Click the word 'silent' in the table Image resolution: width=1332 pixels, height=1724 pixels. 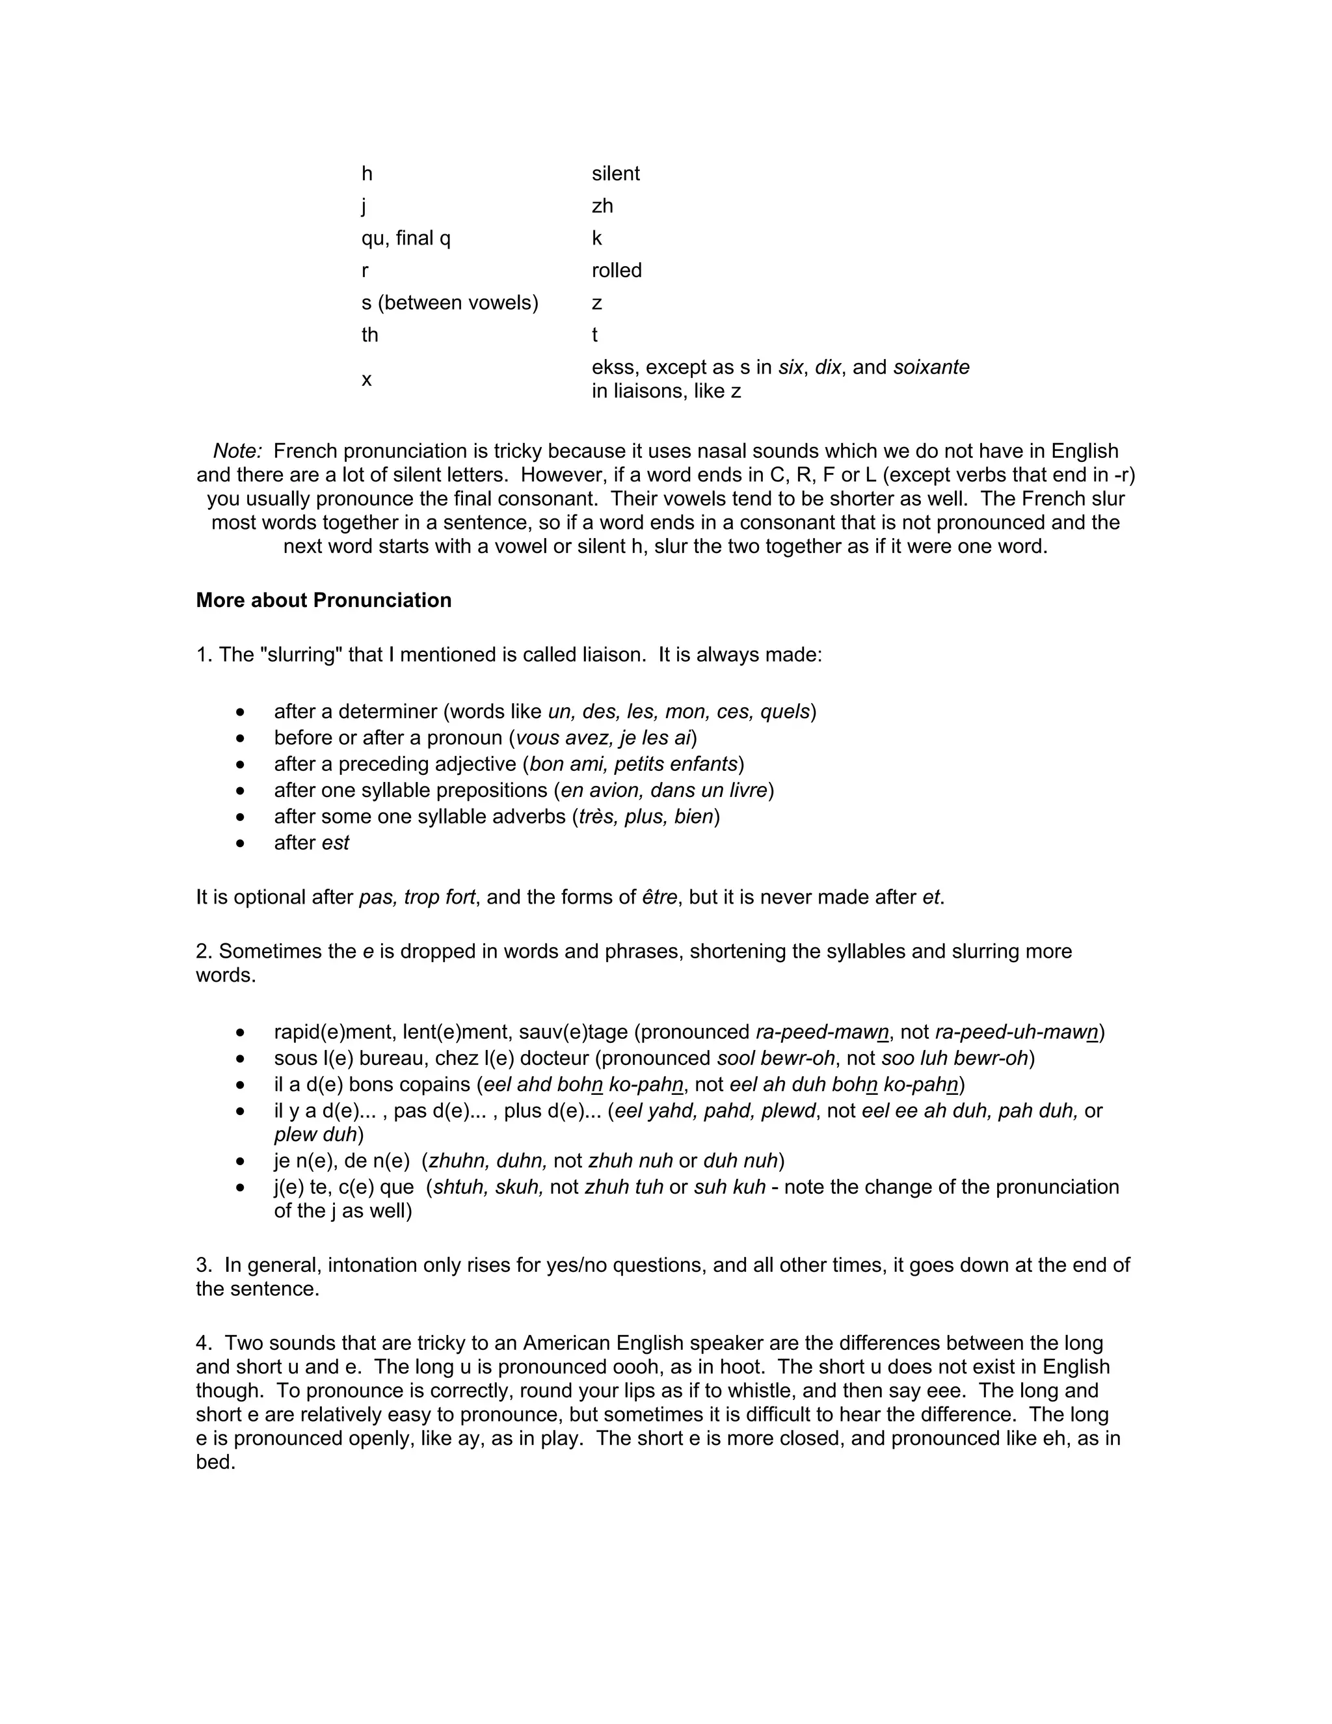(x=615, y=174)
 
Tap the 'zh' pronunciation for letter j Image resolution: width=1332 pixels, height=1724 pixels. (x=602, y=206)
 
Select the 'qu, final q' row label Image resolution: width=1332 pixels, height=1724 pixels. (x=406, y=238)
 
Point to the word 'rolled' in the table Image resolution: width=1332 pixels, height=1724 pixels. (x=617, y=271)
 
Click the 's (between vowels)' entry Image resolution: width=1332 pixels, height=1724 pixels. (x=449, y=303)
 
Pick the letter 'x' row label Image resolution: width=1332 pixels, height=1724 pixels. (x=366, y=380)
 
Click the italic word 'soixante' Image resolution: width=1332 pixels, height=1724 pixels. (x=931, y=368)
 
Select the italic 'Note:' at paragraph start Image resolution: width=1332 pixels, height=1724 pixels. (x=237, y=451)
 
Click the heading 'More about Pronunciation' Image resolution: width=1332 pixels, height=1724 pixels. (x=323, y=600)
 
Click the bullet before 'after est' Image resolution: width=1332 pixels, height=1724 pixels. (x=241, y=844)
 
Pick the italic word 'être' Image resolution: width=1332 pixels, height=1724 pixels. (x=659, y=898)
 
